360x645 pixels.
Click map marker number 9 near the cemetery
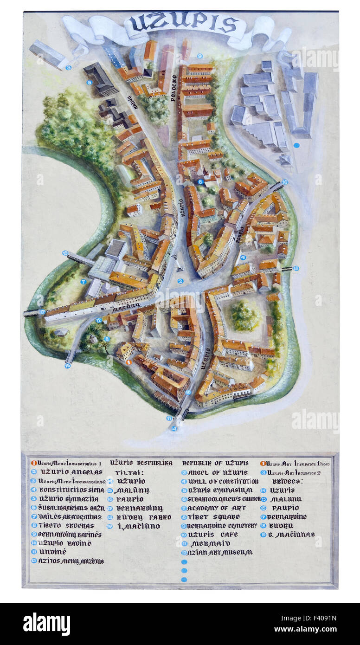[199, 56]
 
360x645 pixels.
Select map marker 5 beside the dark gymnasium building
[90, 83]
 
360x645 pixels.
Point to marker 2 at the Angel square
[180, 281]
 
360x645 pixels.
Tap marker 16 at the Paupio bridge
[285, 182]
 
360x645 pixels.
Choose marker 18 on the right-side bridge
[296, 268]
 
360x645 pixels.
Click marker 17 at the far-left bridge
[42, 312]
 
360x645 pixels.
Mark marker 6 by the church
[200, 182]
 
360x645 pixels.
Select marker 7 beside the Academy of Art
[84, 282]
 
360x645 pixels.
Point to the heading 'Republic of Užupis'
[215, 463]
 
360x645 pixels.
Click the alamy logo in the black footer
[46, 624]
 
